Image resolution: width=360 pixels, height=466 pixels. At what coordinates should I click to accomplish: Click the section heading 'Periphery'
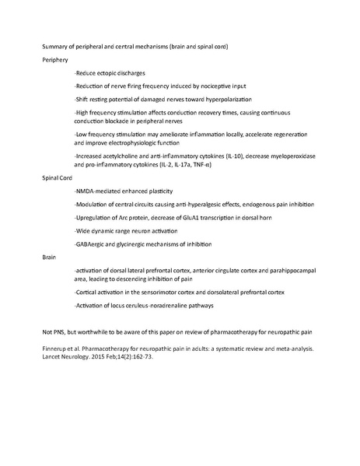[54, 59]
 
